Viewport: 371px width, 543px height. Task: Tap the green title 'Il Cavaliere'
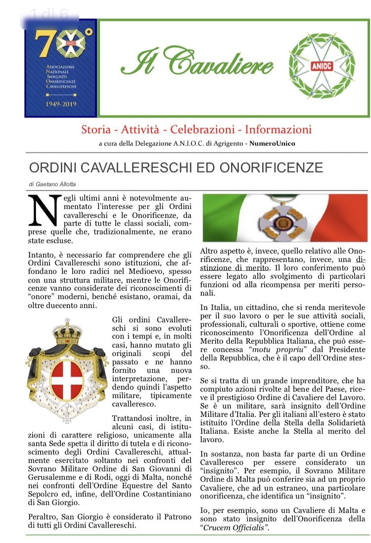pyautogui.click(x=197, y=62)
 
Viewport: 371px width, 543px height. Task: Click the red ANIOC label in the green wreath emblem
pyautogui.click(x=322, y=66)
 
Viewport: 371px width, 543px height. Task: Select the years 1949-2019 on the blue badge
pyautogui.click(x=60, y=104)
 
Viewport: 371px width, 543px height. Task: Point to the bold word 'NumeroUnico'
pyautogui.click(x=272, y=144)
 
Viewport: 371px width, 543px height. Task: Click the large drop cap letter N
pyautogui.click(x=43, y=209)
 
